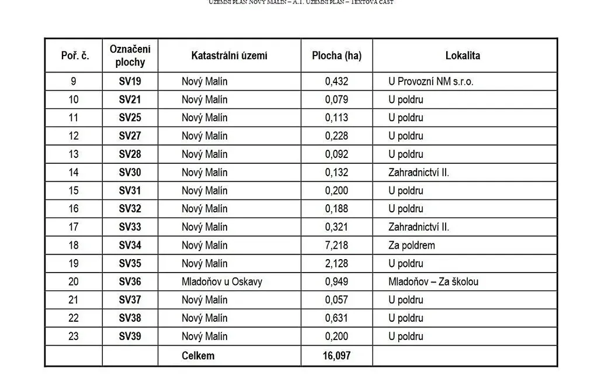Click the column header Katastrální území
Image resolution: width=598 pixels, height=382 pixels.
(x=229, y=56)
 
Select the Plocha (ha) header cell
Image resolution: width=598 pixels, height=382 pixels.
(x=336, y=56)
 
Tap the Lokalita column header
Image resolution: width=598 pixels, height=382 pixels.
(x=463, y=56)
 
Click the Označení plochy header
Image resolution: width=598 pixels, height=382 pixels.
(x=130, y=56)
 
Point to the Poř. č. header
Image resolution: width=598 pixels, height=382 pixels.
(x=75, y=56)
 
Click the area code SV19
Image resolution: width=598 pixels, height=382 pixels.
(x=130, y=81)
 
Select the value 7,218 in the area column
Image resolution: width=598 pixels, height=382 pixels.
(x=336, y=245)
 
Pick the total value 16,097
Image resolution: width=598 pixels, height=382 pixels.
(x=336, y=355)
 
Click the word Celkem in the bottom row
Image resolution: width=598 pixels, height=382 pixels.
(x=198, y=355)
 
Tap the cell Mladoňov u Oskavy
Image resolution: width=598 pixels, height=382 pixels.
(x=222, y=281)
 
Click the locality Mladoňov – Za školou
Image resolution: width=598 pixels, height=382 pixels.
(x=433, y=281)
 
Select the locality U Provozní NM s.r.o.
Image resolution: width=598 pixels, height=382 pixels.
(x=431, y=81)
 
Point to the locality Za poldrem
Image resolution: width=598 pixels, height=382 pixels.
(x=412, y=245)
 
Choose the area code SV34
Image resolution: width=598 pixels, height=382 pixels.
(x=130, y=245)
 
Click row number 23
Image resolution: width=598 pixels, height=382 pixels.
(x=74, y=336)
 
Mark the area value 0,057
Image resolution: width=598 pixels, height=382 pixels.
(x=336, y=300)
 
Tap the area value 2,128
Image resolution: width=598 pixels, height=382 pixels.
(x=336, y=263)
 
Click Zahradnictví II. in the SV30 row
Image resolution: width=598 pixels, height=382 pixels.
(x=419, y=172)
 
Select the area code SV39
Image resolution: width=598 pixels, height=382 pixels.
(x=130, y=336)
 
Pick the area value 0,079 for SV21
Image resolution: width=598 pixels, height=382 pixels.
(x=336, y=99)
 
